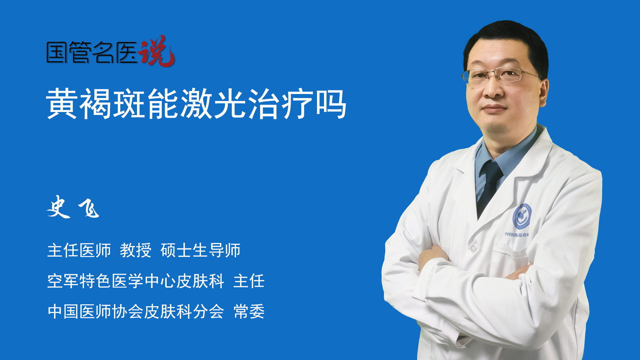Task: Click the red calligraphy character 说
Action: [157, 51]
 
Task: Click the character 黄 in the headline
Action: [62, 103]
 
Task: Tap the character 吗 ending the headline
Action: [331, 103]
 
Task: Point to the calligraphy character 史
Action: [59, 207]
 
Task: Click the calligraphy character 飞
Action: [89, 208]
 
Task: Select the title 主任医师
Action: [79, 250]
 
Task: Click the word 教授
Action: [136, 250]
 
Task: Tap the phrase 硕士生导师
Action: [200, 250]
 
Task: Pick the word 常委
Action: [249, 312]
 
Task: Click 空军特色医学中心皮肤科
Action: [136, 281]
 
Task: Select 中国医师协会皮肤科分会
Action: [136, 312]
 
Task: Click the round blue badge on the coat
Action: [522, 216]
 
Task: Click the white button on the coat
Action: [473, 248]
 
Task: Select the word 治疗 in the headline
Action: [281, 103]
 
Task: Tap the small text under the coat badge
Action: [516, 235]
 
